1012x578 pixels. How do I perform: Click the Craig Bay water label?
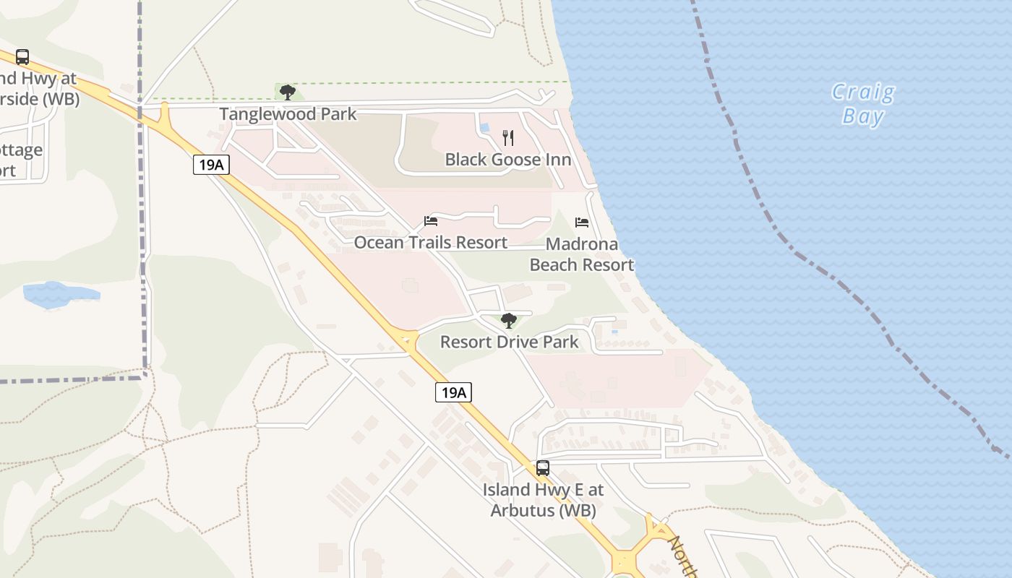pyautogui.click(x=862, y=104)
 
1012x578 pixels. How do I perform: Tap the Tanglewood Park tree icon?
pyautogui.click(x=288, y=92)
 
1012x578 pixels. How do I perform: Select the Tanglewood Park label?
pyautogui.click(x=288, y=114)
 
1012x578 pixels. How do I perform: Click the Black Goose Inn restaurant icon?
pyautogui.click(x=508, y=138)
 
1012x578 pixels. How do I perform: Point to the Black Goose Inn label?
pyautogui.click(x=507, y=160)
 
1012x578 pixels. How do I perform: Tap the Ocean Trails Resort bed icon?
pyautogui.click(x=431, y=221)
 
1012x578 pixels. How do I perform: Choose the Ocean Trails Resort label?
pyautogui.click(x=430, y=243)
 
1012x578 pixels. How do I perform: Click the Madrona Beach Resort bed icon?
pyautogui.click(x=582, y=222)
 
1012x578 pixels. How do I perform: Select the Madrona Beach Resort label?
pyautogui.click(x=582, y=254)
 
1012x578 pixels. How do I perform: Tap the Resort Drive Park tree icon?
pyautogui.click(x=509, y=320)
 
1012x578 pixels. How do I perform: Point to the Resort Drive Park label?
pyautogui.click(x=509, y=342)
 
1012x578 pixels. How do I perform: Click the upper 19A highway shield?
pyautogui.click(x=211, y=165)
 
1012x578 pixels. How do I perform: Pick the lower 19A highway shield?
pyautogui.click(x=453, y=392)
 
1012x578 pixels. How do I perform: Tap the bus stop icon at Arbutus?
pyautogui.click(x=542, y=468)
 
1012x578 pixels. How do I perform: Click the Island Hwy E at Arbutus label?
pyautogui.click(x=543, y=499)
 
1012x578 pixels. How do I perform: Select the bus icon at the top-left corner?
pyautogui.click(x=22, y=57)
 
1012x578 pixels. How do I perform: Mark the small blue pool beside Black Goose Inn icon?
pyautogui.click(x=484, y=128)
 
